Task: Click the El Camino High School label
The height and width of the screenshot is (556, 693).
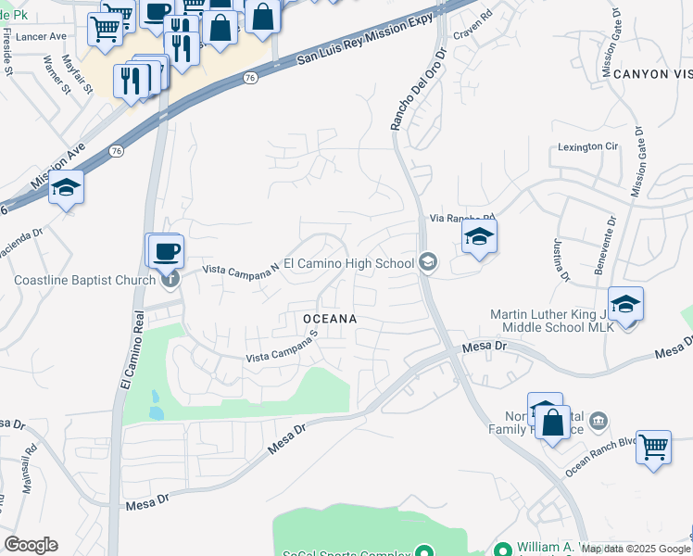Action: (347, 263)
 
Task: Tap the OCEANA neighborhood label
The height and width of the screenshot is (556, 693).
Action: (330, 318)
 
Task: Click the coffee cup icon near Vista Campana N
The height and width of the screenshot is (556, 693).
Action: (166, 250)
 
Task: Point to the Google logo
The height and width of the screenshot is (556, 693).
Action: (31, 545)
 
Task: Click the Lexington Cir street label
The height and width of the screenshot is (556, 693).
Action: (587, 146)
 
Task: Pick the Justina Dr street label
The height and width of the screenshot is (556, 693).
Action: (560, 260)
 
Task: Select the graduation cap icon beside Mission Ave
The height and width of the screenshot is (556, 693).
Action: (67, 187)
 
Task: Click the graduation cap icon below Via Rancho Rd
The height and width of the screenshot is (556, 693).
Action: (479, 236)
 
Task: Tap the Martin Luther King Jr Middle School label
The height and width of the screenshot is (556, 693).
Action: (550, 321)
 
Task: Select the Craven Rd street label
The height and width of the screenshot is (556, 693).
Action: (472, 32)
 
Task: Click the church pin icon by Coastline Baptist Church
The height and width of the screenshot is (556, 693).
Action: (169, 278)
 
